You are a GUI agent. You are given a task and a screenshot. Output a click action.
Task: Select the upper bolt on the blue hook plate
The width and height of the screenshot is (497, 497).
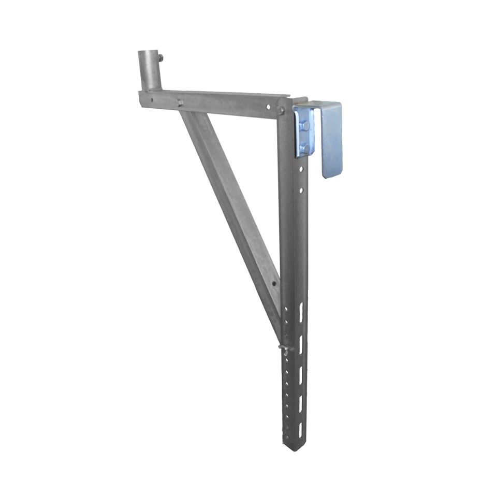(x=305, y=126)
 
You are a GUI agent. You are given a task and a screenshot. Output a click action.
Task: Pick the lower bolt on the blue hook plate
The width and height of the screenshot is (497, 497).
(x=305, y=149)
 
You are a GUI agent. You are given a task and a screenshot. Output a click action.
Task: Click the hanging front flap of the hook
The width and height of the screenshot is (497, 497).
(x=331, y=140)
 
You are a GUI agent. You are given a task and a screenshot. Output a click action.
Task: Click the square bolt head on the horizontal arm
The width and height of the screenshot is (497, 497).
(x=180, y=103)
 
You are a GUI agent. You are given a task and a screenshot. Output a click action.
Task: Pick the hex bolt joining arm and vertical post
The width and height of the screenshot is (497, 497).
(x=281, y=110)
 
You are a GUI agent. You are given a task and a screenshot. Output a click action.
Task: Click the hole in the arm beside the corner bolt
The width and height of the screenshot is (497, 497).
(x=268, y=107)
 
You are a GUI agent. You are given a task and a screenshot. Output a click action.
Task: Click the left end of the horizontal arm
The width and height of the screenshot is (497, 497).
(x=141, y=98)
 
